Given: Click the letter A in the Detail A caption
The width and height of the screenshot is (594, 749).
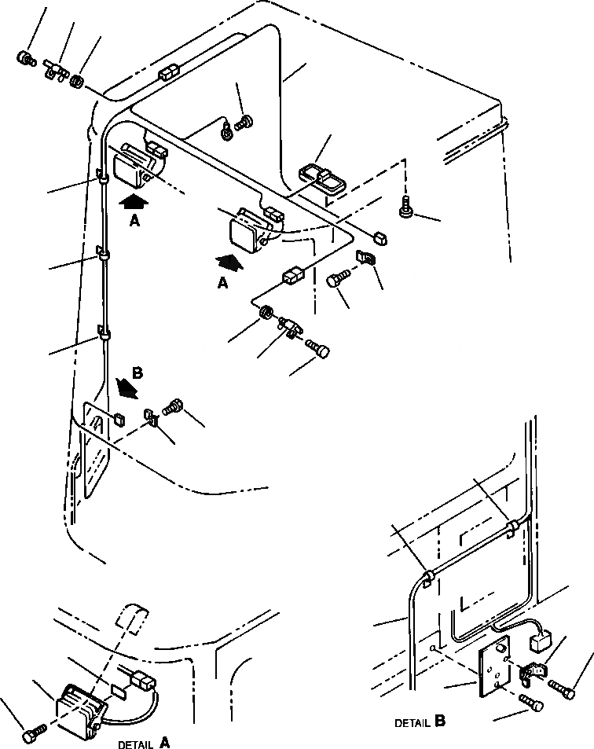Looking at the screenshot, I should (x=164, y=741).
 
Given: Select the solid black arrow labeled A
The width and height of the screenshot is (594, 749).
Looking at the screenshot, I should (x=134, y=202).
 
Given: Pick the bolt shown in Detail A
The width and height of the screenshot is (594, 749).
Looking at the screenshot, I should (x=31, y=734).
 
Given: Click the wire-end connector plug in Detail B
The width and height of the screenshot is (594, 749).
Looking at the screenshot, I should (x=541, y=644).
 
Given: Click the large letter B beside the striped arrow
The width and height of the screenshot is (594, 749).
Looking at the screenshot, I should (x=137, y=374).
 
